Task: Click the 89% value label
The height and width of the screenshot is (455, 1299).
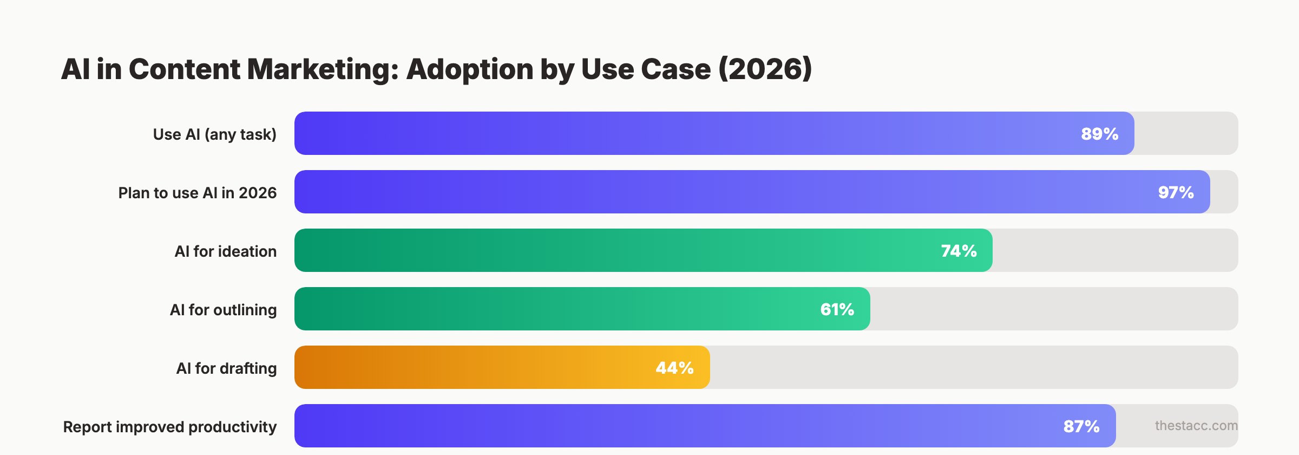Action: point(1099,134)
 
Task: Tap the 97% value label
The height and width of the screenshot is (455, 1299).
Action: point(1176,192)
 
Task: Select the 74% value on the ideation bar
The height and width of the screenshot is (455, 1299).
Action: point(959,251)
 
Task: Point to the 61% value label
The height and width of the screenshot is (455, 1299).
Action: point(837,309)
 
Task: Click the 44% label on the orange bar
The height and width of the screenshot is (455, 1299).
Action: point(674,368)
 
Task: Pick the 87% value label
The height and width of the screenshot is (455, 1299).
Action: point(1081,426)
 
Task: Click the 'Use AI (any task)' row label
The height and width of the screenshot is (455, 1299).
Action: point(214,134)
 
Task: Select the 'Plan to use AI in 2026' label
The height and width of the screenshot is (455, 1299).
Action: point(197,193)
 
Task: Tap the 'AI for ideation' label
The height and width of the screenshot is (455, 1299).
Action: point(225,251)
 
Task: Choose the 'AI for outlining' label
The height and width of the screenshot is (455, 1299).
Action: point(223,310)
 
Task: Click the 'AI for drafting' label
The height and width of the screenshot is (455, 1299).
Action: point(226,368)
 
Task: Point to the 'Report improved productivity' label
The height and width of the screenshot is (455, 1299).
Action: point(169,427)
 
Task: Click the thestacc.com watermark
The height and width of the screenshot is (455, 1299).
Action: point(1196,426)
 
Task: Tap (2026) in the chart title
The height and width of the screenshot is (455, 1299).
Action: point(765,69)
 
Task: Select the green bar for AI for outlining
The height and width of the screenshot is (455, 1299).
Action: point(541,309)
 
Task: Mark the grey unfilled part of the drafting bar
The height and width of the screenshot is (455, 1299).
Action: point(974,368)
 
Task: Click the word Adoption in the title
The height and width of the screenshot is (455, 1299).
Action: point(469,69)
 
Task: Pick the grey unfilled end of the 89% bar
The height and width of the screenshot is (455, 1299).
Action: point(1185,134)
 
